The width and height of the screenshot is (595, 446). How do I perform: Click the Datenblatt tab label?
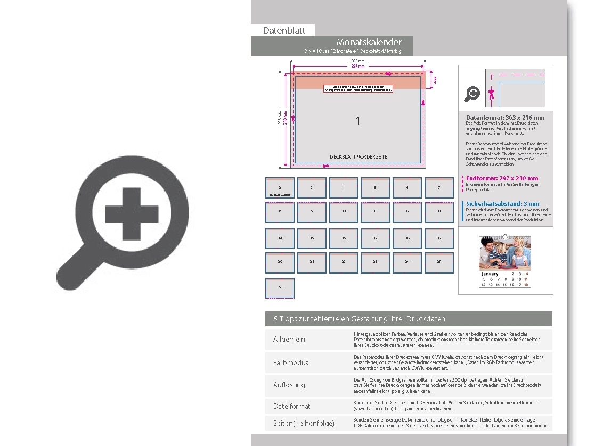tap(284, 30)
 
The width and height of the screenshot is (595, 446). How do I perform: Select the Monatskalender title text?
tap(369, 42)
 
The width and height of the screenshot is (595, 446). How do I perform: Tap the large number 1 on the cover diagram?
tap(358, 121)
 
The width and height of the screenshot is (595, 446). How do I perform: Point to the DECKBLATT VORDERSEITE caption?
tap(358, 157)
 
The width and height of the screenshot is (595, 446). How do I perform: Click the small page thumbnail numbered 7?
tap(439, 188)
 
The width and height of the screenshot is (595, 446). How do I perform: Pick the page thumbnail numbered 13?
tap(439, 211)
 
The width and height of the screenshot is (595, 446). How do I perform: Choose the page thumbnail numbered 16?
tap(344, 238)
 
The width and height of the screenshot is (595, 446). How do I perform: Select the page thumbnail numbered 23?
tap(375, 262)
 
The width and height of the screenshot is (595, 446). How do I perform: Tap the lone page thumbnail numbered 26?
tap(280, 287)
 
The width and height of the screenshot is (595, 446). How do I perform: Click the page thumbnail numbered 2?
tap(280, 188)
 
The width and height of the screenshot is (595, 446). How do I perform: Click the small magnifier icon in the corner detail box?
tap(472, 94)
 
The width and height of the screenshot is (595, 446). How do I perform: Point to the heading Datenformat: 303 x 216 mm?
tap(505, 118)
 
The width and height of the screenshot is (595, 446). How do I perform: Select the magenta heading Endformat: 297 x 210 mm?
tap(502, 178)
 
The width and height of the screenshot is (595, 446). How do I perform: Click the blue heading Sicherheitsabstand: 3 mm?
tap(502, 204)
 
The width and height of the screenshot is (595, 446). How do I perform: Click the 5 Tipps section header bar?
tap(409, 319)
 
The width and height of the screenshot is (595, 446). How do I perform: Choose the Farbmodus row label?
tap(290, 362)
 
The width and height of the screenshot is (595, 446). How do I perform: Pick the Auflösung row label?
tap(289, 385)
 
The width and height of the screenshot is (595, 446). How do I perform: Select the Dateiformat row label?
tap(291, 406)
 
